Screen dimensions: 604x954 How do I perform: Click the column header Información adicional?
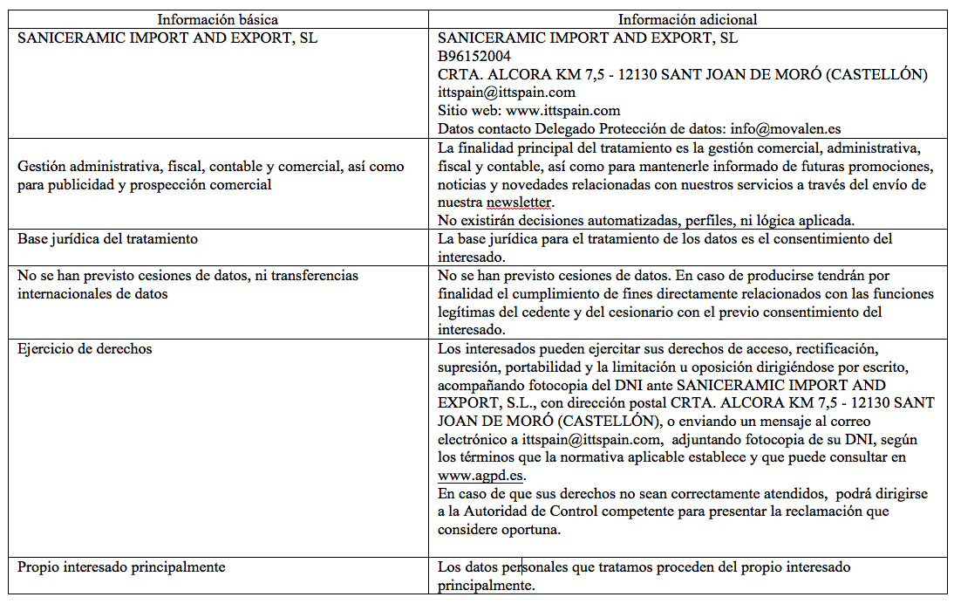tap(687, 19)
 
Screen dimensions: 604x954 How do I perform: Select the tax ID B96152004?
tap(474, 56)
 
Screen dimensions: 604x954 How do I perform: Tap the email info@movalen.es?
tap(786, 128)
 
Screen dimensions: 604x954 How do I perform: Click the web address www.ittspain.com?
tap(562, 110)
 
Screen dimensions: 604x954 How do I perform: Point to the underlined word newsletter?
tap(520, 202)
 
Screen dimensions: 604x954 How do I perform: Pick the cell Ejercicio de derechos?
tap(85, 348)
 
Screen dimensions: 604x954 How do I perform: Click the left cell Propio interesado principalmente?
tap(121, 566)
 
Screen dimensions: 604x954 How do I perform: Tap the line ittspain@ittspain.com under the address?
tap(506, 92)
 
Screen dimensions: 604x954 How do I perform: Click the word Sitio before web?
tap(453, 110)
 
